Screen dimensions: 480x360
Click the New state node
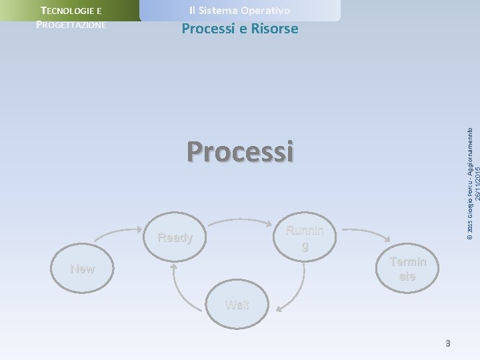point(83,269)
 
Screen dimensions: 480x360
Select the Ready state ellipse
point(175,237)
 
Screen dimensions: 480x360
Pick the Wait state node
point(237,305)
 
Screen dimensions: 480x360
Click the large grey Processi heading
point(240,151)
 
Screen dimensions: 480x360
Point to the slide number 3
point(448,343)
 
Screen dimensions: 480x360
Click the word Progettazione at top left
point(71,24)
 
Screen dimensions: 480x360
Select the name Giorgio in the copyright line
point(469,207)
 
